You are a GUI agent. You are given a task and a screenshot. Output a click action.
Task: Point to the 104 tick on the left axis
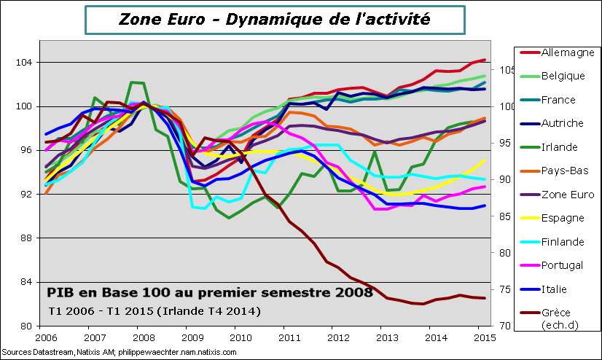25,63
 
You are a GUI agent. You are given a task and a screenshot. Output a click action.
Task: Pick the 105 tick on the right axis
505,70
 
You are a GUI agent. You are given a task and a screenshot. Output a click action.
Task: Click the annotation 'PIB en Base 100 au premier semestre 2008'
210,293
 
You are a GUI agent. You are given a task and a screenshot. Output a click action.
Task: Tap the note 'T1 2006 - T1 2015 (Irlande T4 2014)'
153,310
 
